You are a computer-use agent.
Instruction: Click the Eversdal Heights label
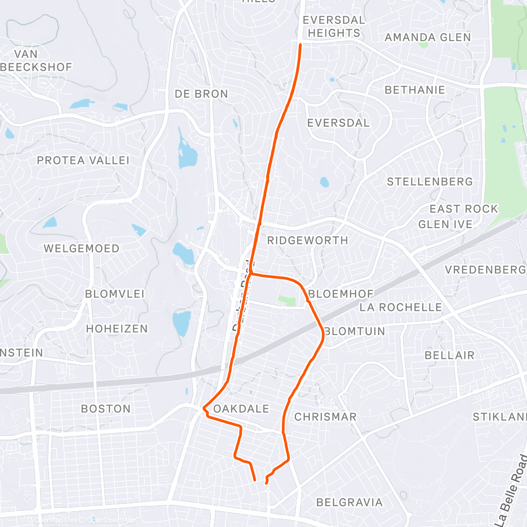[x=334, y=26]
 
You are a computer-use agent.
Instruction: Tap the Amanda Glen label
[x=428, y=37]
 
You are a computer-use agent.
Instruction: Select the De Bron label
[x=201, y=94]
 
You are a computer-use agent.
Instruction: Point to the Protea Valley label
[x=83, y=160]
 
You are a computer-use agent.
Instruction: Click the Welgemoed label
[x=82, y=248]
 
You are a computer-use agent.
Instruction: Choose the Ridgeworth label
[x=308, y=240]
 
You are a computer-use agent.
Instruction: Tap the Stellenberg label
[x=430, y=182]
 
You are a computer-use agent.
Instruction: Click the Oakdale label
[x=242, y=409]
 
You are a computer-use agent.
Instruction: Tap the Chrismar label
[x=326, y=417]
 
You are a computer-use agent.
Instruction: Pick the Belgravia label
[x=350, y=502]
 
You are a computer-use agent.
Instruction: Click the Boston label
[x=106, y=408]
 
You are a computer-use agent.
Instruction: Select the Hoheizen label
[x=117, y=328]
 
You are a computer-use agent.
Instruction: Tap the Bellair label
[x=450, y=355]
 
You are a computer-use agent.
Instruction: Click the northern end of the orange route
[x=300, y=45]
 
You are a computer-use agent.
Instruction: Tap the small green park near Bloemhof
[x=287, y=300]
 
